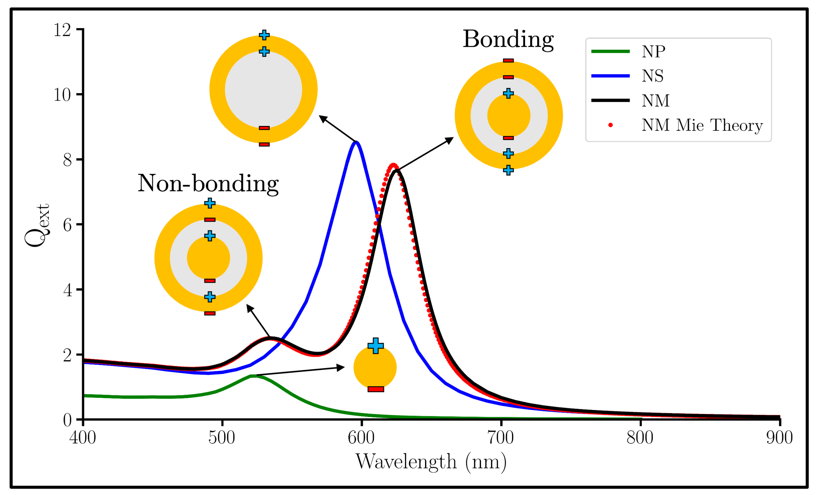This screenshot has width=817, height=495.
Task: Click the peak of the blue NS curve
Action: click(x=356, y=143)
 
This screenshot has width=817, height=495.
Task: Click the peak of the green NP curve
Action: click(x=253, y=376)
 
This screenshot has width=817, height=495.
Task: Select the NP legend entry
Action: click(x=653, y=51)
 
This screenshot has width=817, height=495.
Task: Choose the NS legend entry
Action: click(x=652, y=76)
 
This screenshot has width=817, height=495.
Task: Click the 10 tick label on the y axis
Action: click(x=62, y=95)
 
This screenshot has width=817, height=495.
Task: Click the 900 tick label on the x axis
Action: click(x=779, y=437)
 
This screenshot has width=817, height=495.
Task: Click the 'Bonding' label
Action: click(x=508, y=39)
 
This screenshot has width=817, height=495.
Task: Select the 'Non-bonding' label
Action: click(x=208, y=183)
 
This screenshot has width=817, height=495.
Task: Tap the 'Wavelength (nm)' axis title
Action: click(x=431, y=461)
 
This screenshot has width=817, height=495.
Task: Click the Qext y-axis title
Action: click(x=37, y=225)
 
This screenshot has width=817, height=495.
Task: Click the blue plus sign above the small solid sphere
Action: click(x=375, y=346)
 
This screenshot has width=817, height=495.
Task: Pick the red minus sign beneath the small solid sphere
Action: click(x=375, y=389)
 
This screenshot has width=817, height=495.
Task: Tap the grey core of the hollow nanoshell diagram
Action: click(x=263, y=90)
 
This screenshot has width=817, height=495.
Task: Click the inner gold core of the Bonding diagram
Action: click(x=509, y=116)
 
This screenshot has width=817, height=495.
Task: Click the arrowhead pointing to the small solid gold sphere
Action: click(x=341, y=367)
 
